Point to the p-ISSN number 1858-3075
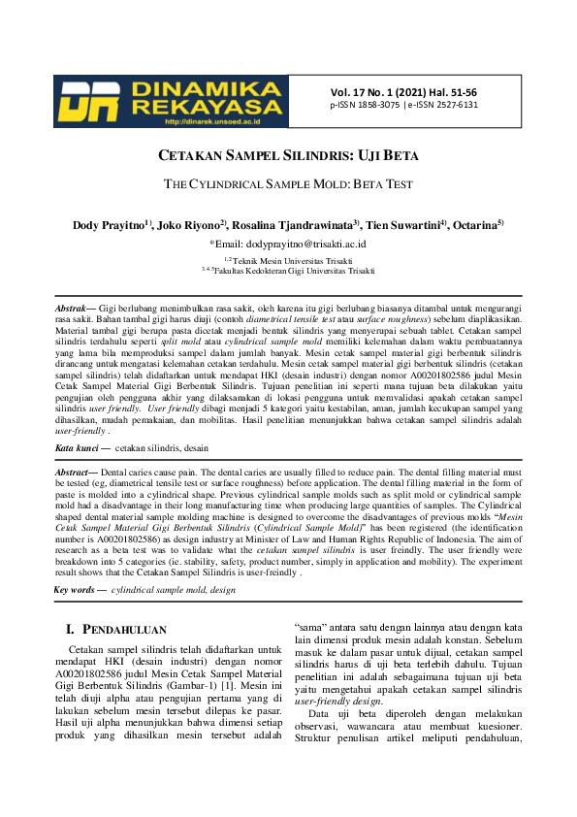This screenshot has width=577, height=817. point(388,105)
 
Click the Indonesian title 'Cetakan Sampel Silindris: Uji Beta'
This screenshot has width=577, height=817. point(288,155)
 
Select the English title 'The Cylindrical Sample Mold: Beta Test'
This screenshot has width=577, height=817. point(288,183)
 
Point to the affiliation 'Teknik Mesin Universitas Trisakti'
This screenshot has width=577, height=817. point(291,260)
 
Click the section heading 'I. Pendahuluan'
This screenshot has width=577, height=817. point(115,629)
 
